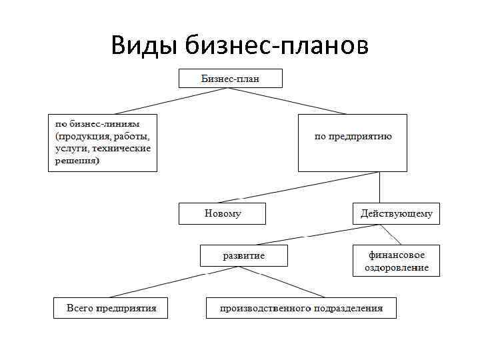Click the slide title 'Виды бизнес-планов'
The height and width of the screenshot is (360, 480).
point(239,45)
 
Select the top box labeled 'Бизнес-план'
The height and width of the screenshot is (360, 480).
point(230,79)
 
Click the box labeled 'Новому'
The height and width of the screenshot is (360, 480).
point(222,214)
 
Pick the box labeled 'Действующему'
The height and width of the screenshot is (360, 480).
point(396,214)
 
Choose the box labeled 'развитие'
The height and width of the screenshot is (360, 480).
point(244,255)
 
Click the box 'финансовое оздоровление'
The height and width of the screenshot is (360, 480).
point(396,261)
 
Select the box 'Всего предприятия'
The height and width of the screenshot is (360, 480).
point(111,308)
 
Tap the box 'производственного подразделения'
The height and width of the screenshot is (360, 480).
point(301,308)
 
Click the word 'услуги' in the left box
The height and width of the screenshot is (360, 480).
point(71,147)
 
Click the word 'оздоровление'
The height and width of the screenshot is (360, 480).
point(396,267)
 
